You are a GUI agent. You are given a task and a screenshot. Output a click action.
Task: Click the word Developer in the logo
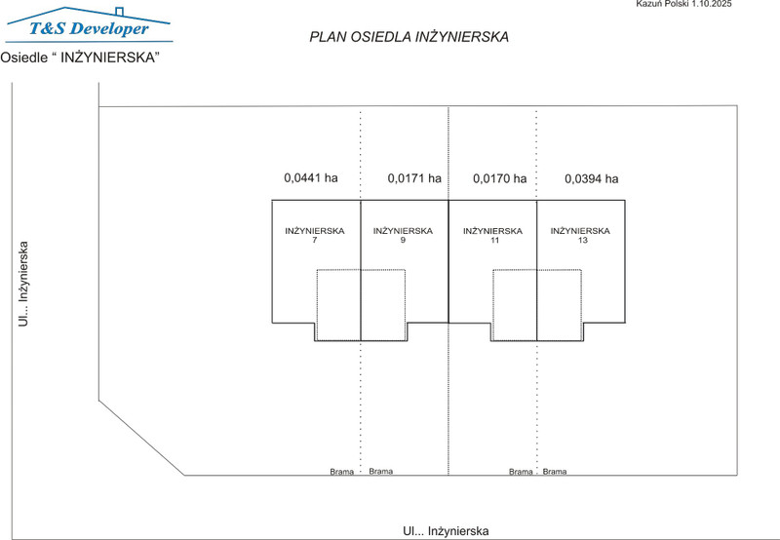(x=109, y=28)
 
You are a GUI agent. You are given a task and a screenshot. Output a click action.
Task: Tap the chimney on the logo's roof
(x=119, y=12)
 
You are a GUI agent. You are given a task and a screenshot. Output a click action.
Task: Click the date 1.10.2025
(x=712, y=4)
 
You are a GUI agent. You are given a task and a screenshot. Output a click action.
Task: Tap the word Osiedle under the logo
(x=23, y=58)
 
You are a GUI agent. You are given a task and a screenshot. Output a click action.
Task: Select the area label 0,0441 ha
(x=311, y=178)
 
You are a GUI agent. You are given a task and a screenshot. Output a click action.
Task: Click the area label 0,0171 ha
(x=414, y=178)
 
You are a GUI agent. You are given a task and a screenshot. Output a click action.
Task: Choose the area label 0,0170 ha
(x=500, y=178)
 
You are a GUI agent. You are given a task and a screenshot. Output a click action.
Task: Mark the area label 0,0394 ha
(x=592, y=179)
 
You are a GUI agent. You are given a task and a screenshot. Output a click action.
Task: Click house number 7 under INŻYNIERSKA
(x=314, y=240)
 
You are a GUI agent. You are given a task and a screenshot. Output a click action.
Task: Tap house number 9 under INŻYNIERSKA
(x=403, y=240)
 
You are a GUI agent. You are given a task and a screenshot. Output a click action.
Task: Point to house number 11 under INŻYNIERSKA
(x=494, y=240)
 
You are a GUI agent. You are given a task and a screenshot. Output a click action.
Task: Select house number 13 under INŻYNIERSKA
(x=582, y=240)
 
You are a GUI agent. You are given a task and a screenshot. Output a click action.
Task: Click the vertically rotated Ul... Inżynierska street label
(x=23, y=284)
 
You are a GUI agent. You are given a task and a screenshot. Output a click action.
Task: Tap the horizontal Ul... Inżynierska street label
(x=446, y=531)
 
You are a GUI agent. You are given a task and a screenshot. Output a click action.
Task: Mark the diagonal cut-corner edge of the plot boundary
(x=141, y=438)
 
